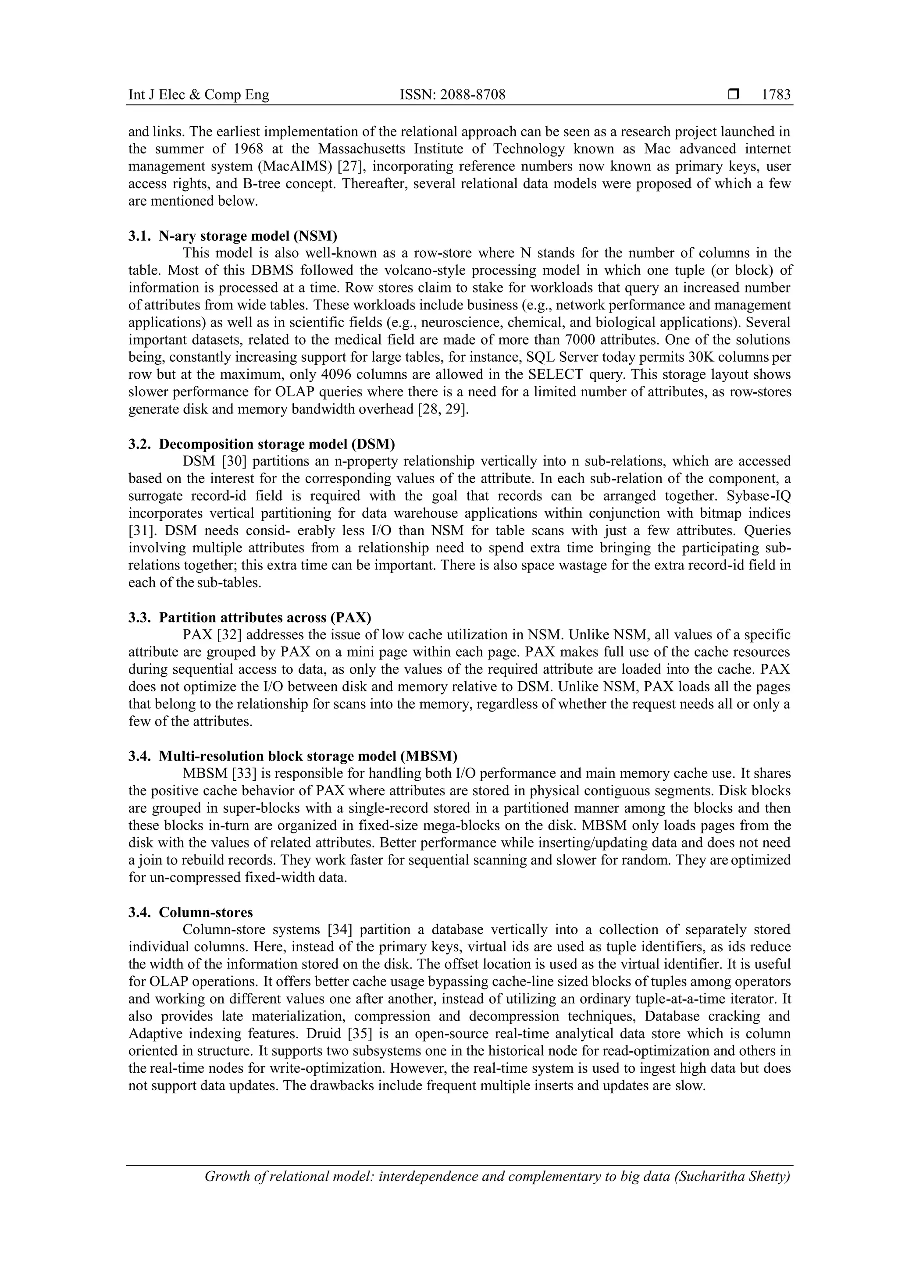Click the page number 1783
click(x=776, y=95)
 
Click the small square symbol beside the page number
click(x=734, y=95)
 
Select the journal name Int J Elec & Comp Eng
click(x=199, y=95)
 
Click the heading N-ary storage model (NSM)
click(x=248, y=236)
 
